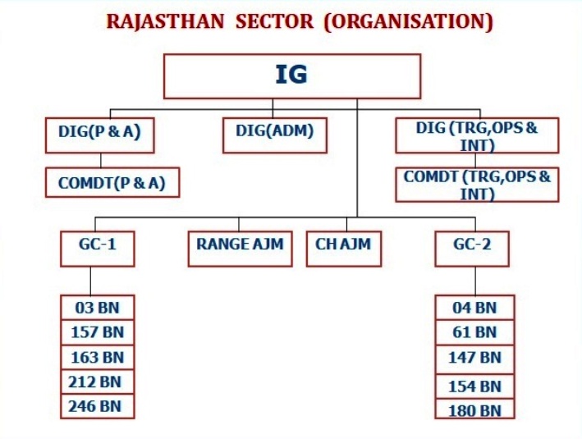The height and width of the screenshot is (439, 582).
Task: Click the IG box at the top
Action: [292, 76]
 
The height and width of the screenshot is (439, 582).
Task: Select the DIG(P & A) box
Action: [100, 135]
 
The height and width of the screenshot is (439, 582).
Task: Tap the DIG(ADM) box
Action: [275, 135]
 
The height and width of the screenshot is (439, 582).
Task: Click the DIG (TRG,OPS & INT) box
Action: [477, 135]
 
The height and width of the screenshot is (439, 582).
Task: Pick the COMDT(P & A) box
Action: [112, 182]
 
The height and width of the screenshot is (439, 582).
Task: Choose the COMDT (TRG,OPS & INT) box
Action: [477, 185]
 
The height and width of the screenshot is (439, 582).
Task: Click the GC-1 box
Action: [98, 249]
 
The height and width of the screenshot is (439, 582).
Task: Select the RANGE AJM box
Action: [241, 249]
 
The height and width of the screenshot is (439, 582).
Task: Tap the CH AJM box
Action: [344, 249]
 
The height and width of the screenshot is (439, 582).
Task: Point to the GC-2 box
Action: [472, 249]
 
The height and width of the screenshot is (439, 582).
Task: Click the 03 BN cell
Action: [97, 308]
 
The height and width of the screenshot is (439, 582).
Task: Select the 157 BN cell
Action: [97, 332]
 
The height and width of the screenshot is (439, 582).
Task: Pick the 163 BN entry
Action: [97, 358]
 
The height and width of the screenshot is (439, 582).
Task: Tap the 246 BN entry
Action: [97, 406]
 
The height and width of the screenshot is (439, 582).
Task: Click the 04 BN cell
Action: [474, 308]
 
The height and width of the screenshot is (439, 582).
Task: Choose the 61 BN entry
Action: [474, 332]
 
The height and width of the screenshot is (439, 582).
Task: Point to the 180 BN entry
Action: [474, 409]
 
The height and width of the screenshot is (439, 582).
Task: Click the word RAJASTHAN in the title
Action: [165, 21]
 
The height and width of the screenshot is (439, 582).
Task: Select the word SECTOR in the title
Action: [275, 21]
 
